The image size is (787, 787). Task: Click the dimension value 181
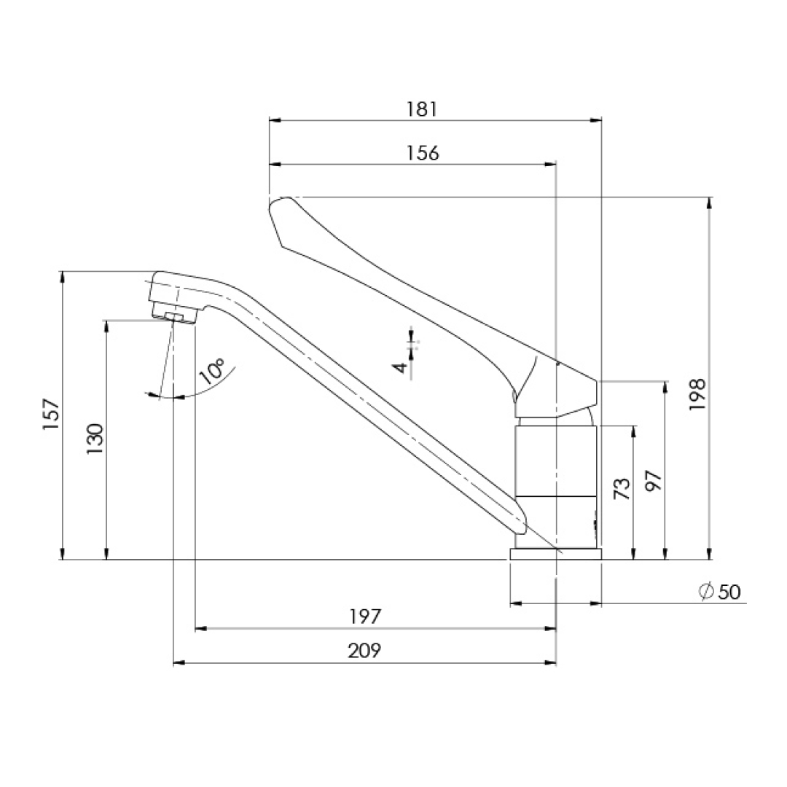[x=422, y=109]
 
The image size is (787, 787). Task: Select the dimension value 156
[x=422, y=152]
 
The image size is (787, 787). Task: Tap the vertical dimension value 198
[x=697, y=395]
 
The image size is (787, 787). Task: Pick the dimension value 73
[x=622, y=488]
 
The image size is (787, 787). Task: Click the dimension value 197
[x=365, y=616]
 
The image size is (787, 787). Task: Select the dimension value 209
[x=364, y=651]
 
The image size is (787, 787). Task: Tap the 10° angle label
[x=212, y=371]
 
